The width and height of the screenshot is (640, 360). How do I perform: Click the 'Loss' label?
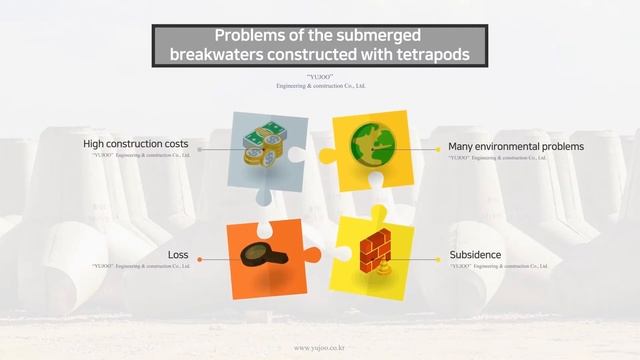click(178, 255)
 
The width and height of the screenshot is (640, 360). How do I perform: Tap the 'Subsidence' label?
click(475, 255)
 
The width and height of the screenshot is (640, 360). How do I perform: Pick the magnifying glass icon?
click(261, 254)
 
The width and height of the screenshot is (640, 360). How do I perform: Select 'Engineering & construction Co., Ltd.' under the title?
click(321, 86)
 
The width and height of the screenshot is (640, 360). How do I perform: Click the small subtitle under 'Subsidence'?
click(498, 267)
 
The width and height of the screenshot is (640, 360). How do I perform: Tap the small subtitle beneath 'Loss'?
click(139, 267)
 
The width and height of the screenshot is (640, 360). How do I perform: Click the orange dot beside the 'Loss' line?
click(200, 259)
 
